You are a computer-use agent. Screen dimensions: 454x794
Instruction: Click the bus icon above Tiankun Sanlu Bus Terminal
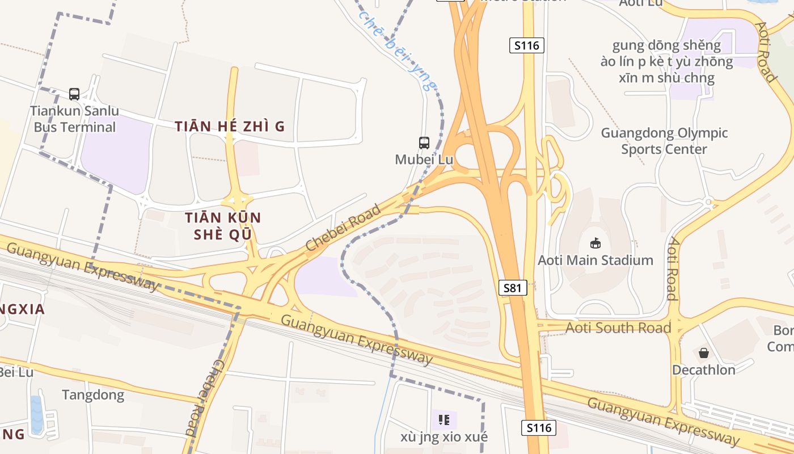74,94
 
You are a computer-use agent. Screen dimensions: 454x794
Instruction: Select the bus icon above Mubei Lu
424,143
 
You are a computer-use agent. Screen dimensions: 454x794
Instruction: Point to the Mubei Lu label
424,159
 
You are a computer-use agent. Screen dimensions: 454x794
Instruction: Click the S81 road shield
512,288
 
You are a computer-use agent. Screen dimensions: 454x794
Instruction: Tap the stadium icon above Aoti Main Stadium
595,243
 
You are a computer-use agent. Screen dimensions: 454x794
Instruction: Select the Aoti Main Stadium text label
595,260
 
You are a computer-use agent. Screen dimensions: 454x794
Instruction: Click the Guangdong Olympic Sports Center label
664,141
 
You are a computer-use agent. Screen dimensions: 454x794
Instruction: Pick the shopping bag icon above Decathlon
704,353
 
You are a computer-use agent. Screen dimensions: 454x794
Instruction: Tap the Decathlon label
704,370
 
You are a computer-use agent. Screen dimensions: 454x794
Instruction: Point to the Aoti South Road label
618,327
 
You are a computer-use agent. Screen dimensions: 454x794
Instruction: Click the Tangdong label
93,395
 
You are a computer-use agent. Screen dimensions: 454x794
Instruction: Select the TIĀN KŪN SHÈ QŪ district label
223,226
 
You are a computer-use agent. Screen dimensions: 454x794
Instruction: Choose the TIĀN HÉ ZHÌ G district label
230,127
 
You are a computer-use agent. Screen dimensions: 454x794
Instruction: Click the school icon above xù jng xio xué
444,420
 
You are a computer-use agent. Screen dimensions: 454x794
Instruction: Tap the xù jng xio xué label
444,437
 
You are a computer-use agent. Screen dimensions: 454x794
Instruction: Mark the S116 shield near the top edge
526,45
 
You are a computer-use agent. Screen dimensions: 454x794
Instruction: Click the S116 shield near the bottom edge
538,427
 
